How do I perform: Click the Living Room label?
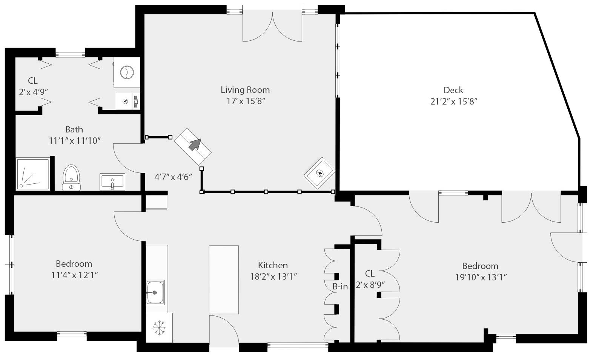[245, 90]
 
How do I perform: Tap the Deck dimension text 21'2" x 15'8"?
[454, 102]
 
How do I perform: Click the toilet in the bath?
[71, 177]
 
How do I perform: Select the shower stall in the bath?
[33, 174]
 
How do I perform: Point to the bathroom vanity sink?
[112, 182]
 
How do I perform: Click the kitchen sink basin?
[155, 292]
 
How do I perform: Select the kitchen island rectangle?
[224, 280]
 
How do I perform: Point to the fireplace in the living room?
[320, 173]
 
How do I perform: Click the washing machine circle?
[127, 72]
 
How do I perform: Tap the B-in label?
[340, 286]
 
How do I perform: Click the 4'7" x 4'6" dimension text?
[174, 177]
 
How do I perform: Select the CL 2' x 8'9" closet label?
[370, 279]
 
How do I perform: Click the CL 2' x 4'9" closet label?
[33, 86]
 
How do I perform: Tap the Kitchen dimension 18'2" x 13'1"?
[273, 277]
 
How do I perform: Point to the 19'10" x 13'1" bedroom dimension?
[481, 277]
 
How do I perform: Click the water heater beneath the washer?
[127, 101]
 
